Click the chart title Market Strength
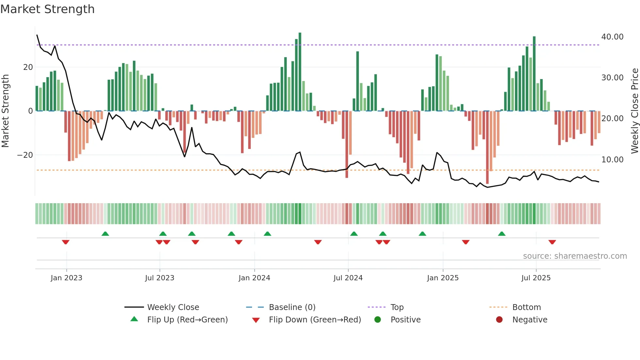pyautogui.click(x=47, y=9)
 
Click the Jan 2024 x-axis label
pyautogui.click(x=254, y=278)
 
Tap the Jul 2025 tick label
pyautogui.click(x=536, y=278)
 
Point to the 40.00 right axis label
pyautogui.click(x=612, y=37)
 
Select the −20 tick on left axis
pyautogui.click(x=25, y=155)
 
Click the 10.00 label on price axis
pyautogui.click(x=612, y=160)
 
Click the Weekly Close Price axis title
pyautogui.click(x=634, y=111)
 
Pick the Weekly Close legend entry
pyautogui.click(x=173, y=307)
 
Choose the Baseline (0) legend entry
pyautogui.click(x=292, y=307)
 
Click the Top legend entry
pyautogui.click(x=397, y=307)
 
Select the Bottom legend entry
pyautogui.click(x=526, y=307)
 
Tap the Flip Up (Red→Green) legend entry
pyautogui.click(x=187, y=320)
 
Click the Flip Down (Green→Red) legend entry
pyautogui.click(x=315, y=320)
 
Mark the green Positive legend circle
pyautogui.click(x=378, y=320)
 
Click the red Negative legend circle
pyautogui.click(x=499, y=320)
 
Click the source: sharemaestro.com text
pyautogui.click(x=575, y=256)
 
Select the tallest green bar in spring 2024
pyautogui.click(x=300, y=72)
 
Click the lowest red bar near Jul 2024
pyautogui.click(x=347, y=144)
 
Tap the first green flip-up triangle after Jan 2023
pyautogui.click(x=105, y=234)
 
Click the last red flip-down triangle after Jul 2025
pyautogui.click(x=552, y=242)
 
